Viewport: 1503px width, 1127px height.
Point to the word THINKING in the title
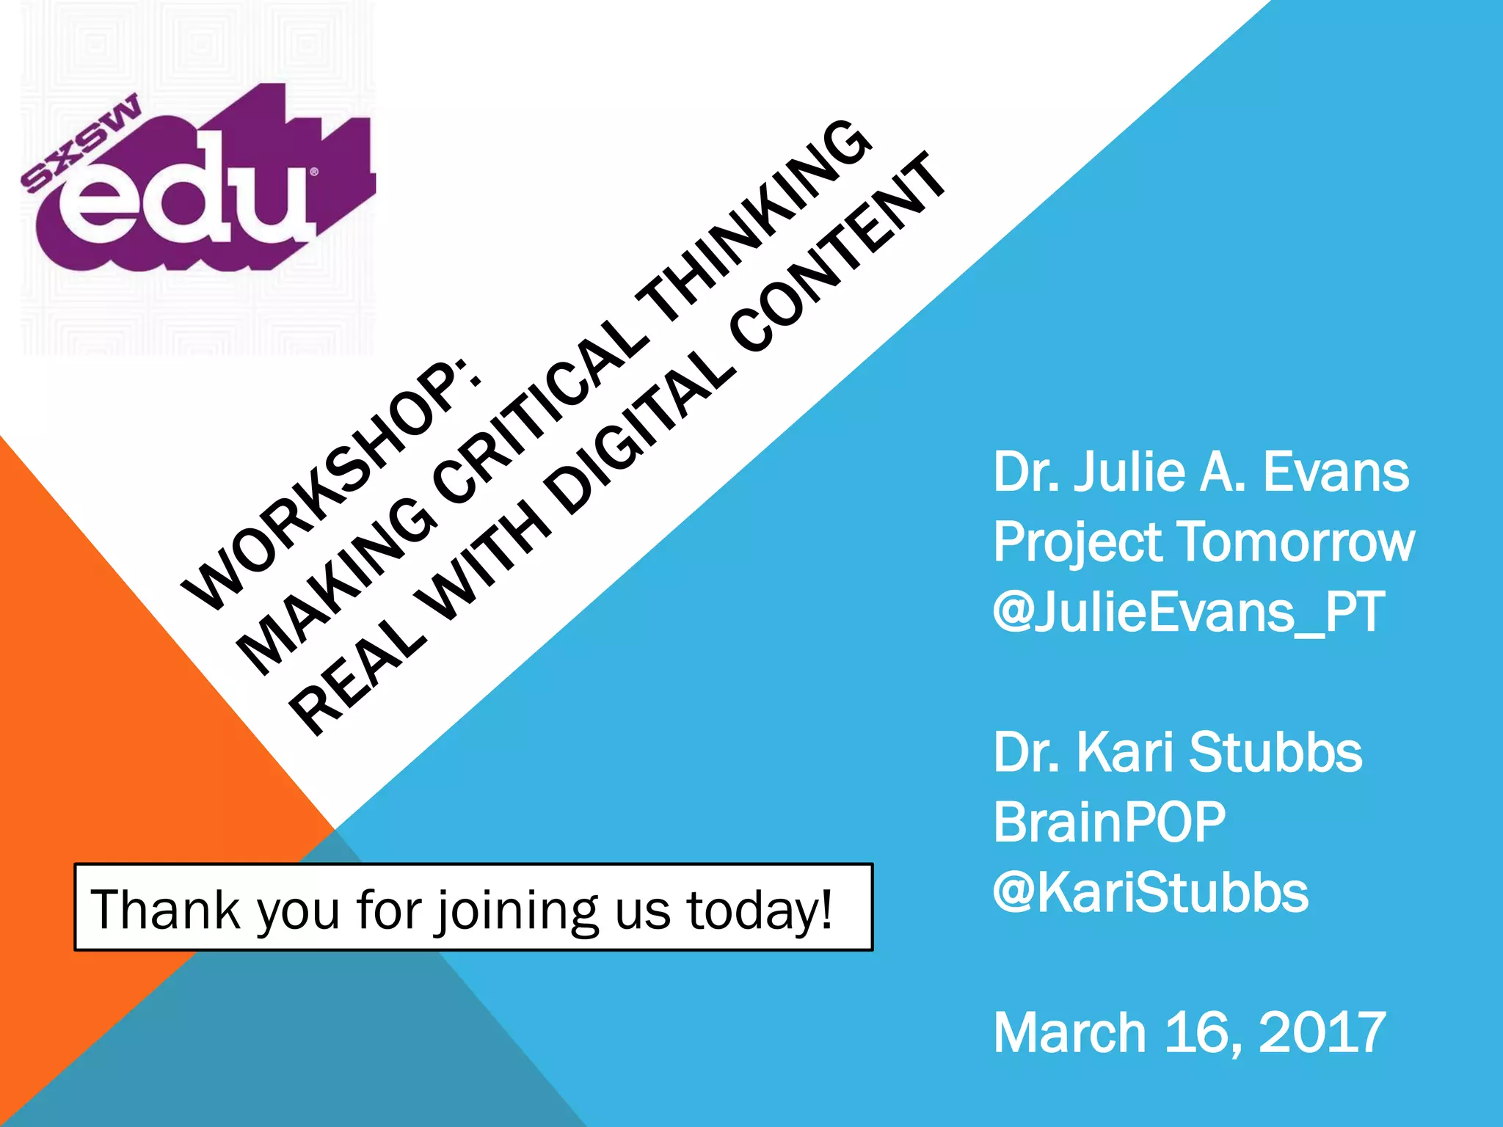(756, 220)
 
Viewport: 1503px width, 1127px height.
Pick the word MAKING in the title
(338, 587)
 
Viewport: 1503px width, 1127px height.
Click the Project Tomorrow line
(1204, 542)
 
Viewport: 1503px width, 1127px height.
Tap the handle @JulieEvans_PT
(1189, 612)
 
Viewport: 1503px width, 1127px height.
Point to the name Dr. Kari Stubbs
(1177, 753)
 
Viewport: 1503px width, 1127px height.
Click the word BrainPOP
(1109, 823)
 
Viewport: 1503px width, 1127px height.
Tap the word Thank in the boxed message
(165, 909)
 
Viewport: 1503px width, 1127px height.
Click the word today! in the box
(760, 911)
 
